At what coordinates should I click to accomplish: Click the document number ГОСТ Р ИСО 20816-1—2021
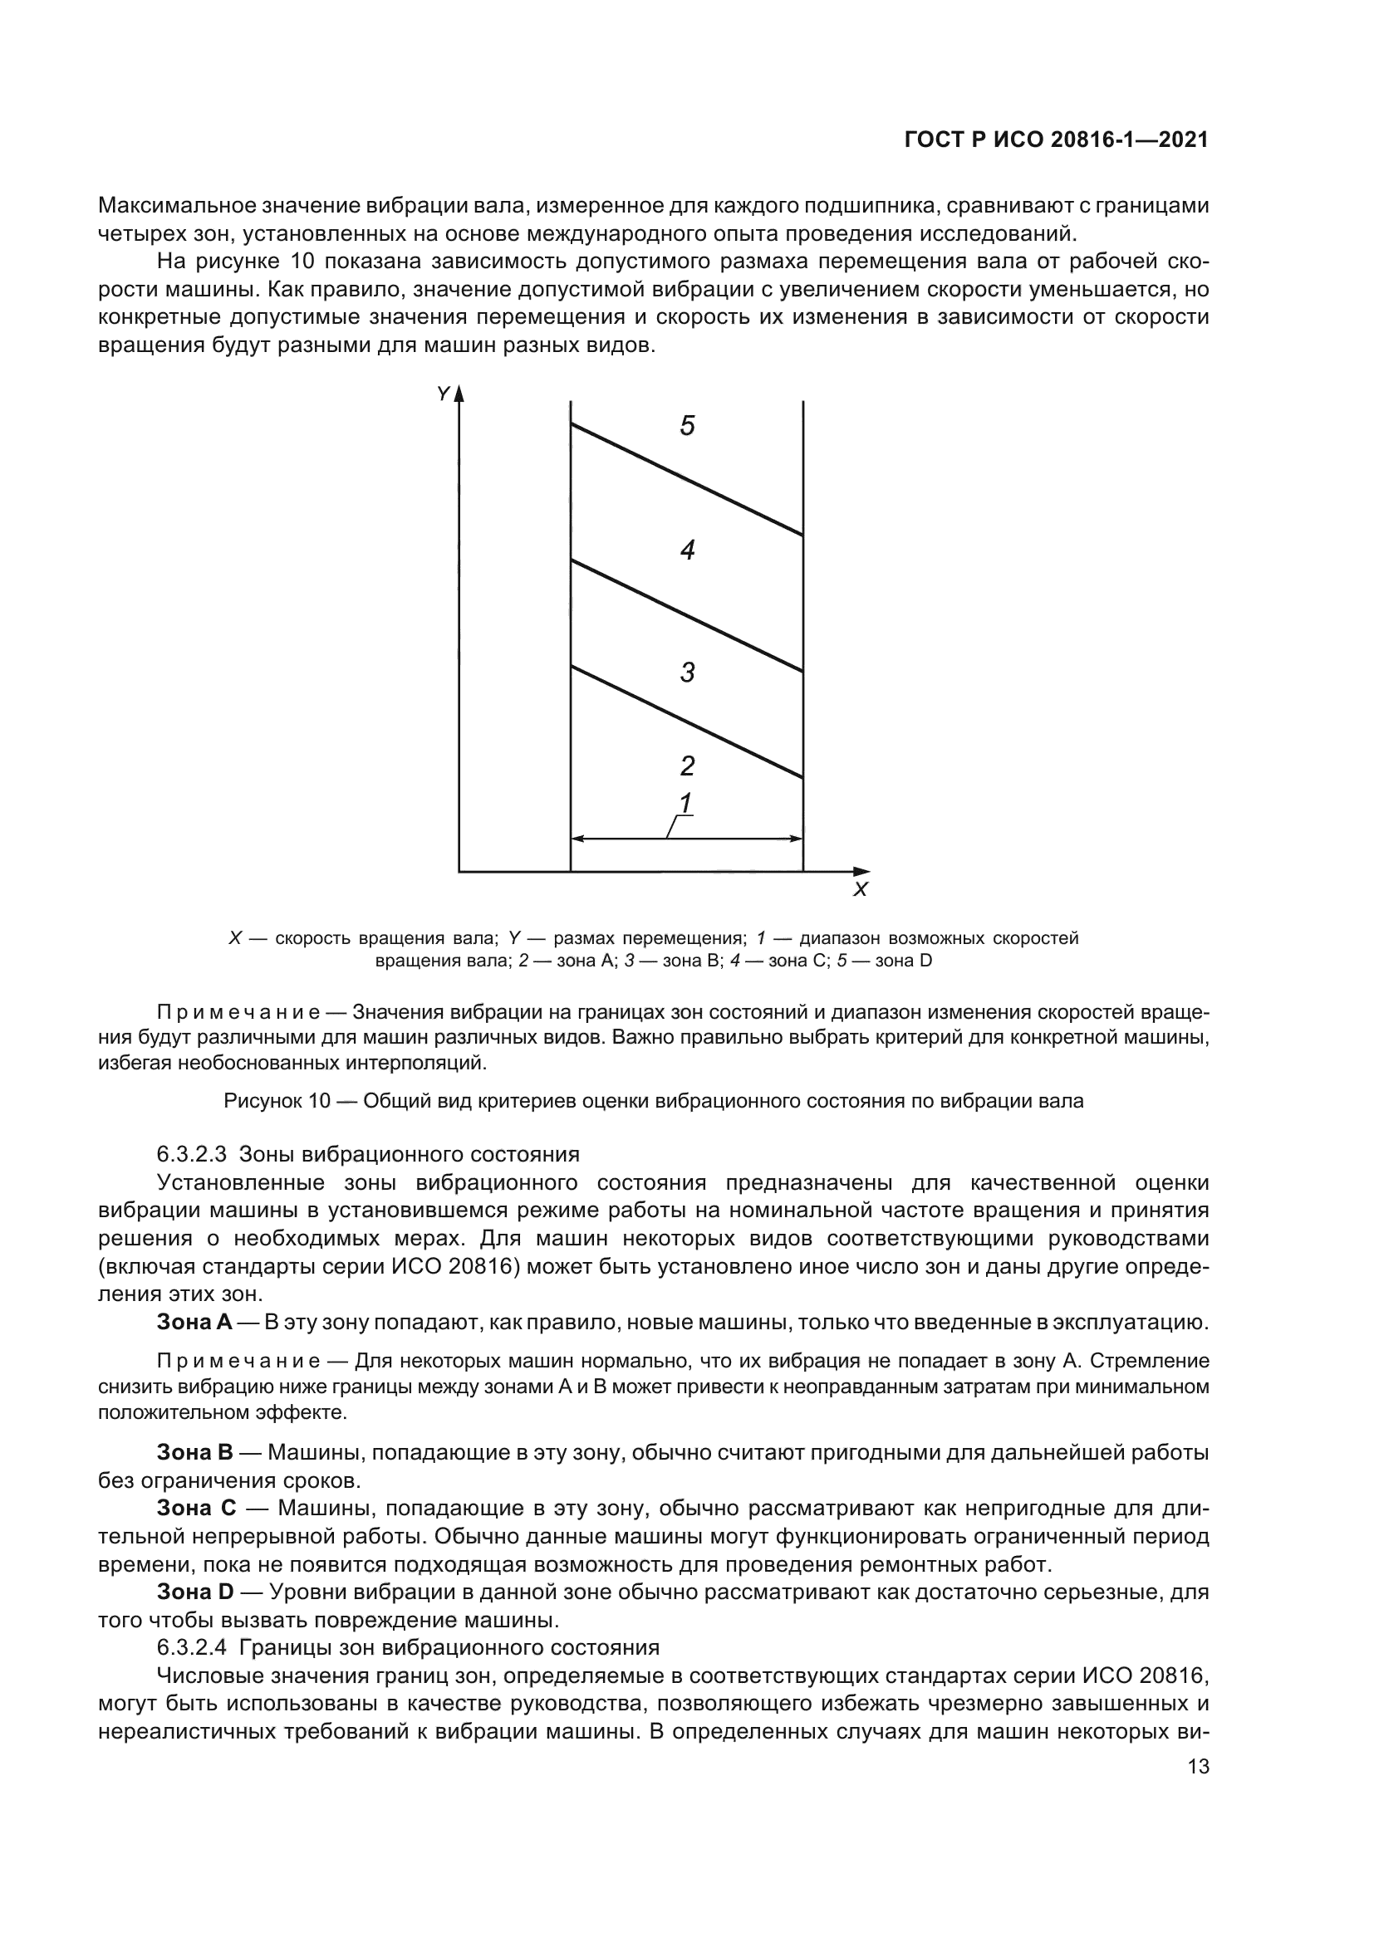[x=1056, y=139]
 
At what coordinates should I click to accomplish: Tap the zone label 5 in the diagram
[x=687, y=425]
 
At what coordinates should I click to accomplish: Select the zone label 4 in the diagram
[x=687, y=550]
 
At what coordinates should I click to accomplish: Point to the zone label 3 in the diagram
[x=687, y=673]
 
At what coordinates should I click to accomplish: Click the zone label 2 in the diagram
[x=687, y=766]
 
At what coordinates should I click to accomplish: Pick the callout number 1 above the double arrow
[x=685, y=802]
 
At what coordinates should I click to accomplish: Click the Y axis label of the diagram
[x=443, y=394]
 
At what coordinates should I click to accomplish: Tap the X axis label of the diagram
[x=861, y=890]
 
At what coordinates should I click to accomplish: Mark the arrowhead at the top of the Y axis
[x=459, y=394]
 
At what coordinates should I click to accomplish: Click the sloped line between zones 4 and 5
[x=687, y=480]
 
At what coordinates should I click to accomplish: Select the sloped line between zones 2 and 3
[x=687, y=722]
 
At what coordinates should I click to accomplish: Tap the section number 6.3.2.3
[x=191, y=1155]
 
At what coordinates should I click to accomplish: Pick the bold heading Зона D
[x=195, y=1592]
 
